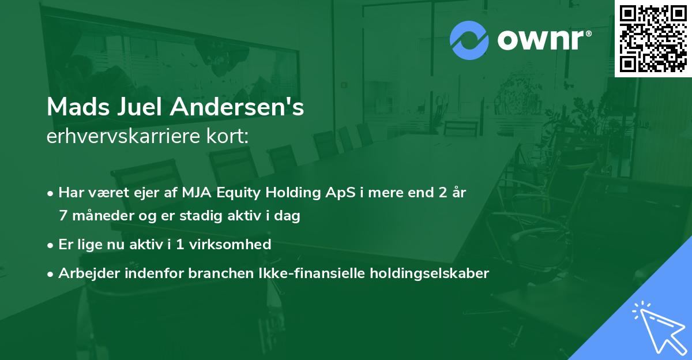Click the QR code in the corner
click(653, 39)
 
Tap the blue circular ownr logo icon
click(469, 40)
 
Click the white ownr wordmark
click(540, 40)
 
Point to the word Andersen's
click(237, 107)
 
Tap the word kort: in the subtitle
click(227, 136)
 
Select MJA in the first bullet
click(197, 193)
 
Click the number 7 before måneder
click(63, 216)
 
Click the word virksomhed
click(230, 244)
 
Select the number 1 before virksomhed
click(180, 245)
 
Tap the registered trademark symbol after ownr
click(588, 33)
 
